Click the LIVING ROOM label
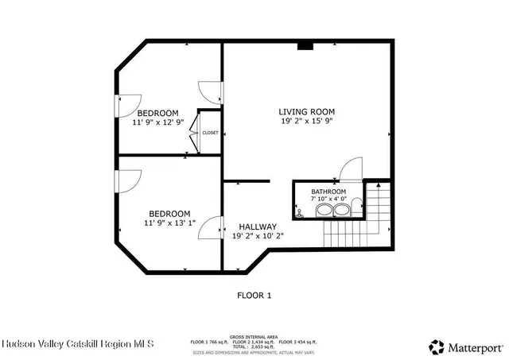coord(306,112)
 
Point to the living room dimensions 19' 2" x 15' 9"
coord(306,122)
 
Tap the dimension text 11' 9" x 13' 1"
coord(169,223)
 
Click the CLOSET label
coord(210,133)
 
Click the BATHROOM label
coord(328,192)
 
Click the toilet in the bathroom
coord(299,211)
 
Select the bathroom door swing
coord(350,168)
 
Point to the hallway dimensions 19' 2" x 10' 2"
coord(257,236)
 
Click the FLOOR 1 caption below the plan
coord(254,296)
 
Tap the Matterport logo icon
coord(436,346)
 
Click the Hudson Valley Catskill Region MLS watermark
coord(78,344)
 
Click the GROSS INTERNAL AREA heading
coord(255,336)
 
